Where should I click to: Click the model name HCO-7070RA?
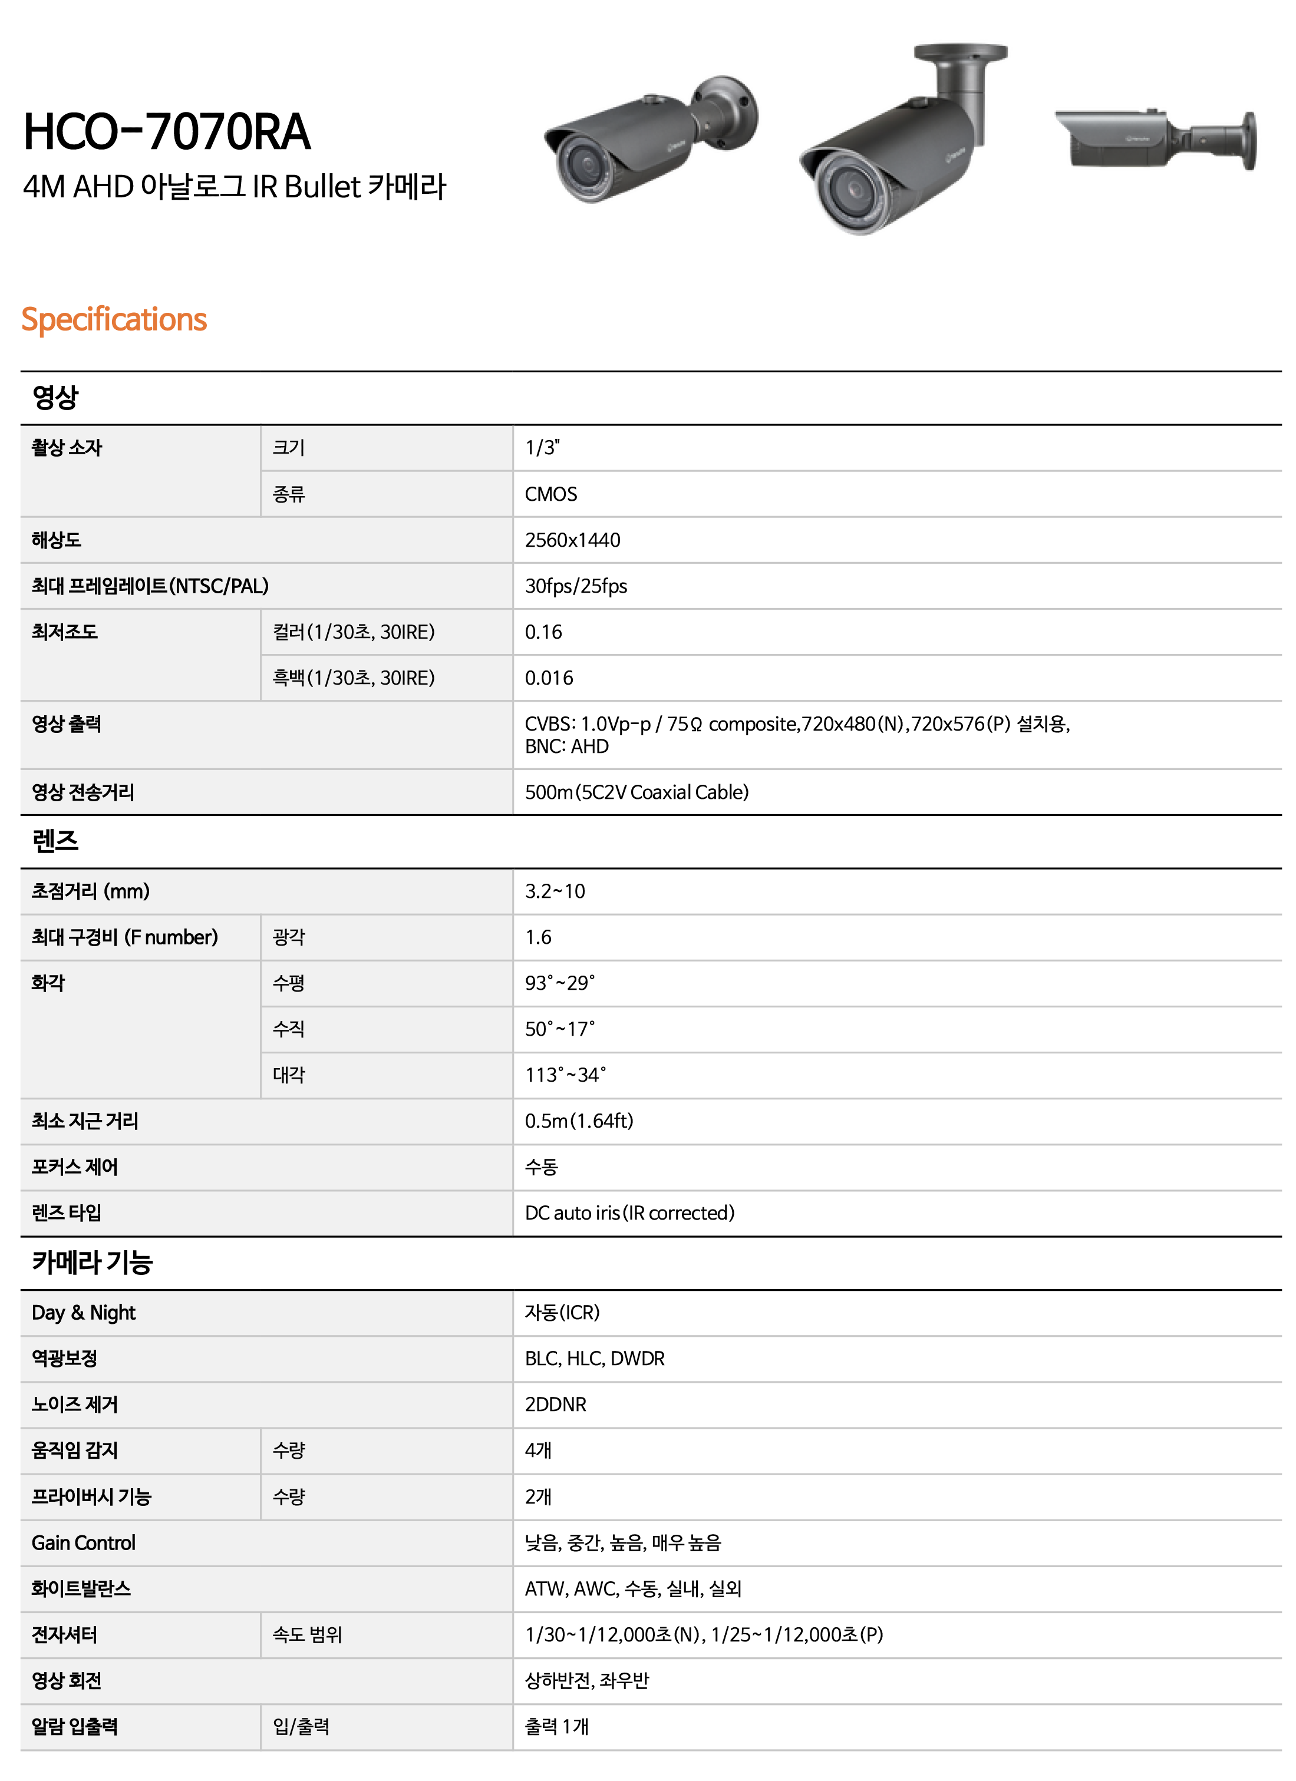(x=167, y=132)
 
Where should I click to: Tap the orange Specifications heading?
(x=114, y=319)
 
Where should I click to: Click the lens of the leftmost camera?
(x=585, y=167)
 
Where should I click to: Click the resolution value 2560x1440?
(x=573, y=540)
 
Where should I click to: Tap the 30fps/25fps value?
(x=576, y=586)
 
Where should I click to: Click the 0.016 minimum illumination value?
(x=549, y=678)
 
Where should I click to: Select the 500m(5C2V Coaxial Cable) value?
(x=637, y=792)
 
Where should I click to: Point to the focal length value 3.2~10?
(x=555, y=891)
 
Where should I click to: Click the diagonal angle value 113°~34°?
(x=566, y=1075)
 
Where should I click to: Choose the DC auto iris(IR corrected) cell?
(x=629, y=1213)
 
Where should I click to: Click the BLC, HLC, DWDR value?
(x=595, y=1359)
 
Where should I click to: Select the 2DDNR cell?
(x=555, y=1405)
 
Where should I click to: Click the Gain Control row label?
(x=83, y=1543)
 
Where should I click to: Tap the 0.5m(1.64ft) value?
(x=579, y=1121)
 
